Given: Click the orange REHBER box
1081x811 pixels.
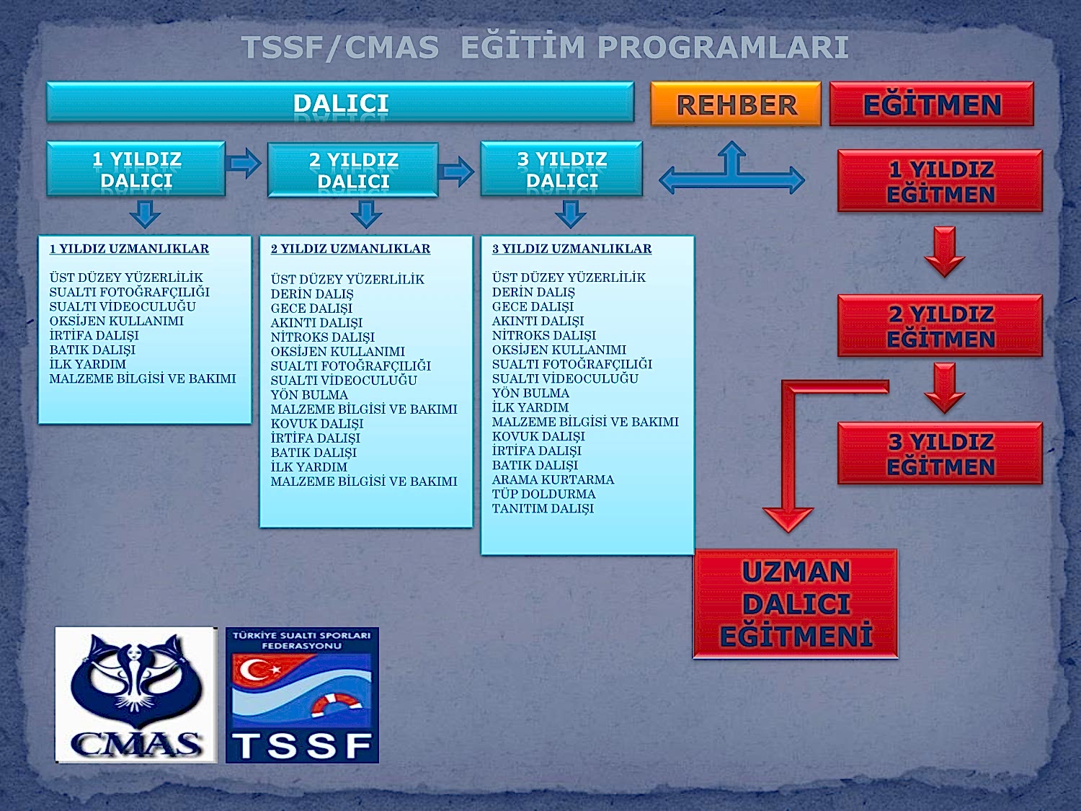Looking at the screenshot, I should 735,105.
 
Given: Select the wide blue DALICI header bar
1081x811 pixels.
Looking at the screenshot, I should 340,102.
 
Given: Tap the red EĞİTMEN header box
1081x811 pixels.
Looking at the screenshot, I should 931,105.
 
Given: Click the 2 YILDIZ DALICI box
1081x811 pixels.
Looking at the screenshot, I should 352,170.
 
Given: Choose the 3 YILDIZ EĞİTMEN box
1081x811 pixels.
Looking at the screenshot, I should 940,454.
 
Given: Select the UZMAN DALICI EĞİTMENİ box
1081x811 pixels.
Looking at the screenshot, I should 796,604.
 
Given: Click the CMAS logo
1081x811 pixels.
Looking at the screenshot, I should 135,695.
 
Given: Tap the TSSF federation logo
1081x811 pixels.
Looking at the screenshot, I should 302,695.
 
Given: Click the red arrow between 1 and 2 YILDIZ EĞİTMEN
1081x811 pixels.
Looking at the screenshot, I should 944,251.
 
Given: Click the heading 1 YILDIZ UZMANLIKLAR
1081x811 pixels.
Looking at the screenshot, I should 129,249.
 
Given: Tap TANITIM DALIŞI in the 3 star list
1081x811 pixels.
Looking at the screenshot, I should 543,508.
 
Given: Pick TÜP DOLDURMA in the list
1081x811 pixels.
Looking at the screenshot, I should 543,494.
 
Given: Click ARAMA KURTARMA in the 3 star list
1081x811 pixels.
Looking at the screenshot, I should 553,479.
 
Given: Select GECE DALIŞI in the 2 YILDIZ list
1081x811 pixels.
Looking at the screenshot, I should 311,308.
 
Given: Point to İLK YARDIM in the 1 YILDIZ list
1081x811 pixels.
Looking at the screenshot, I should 87,364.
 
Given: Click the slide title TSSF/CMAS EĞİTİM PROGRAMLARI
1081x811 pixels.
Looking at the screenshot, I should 545,48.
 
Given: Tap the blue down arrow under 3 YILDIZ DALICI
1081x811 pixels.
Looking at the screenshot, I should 570,214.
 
